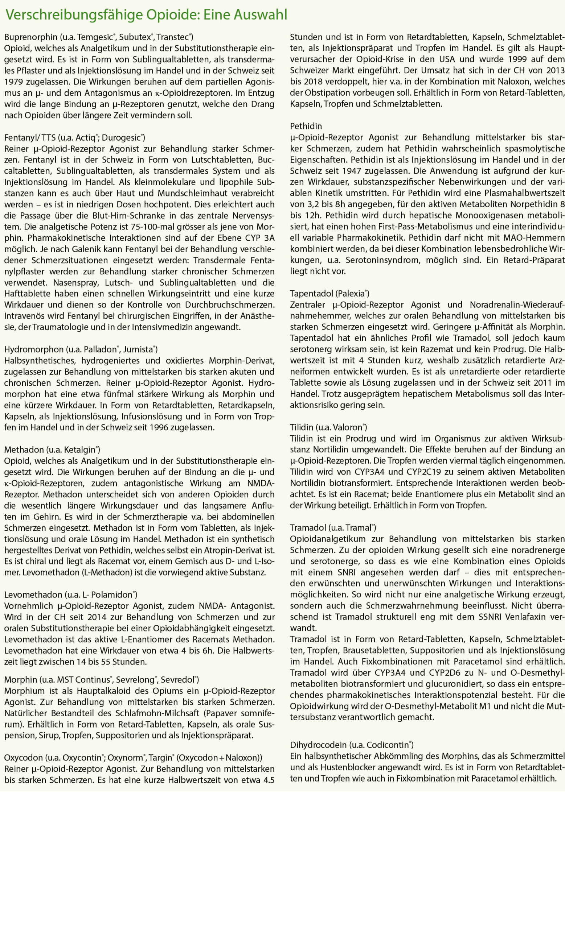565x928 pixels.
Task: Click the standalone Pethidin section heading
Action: [306, 126]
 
